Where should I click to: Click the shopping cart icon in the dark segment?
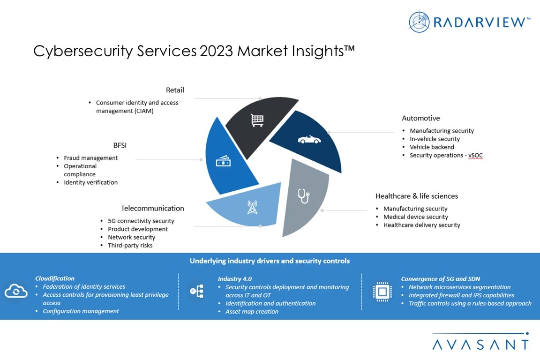(257, 120)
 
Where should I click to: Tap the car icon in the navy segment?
(309, 140)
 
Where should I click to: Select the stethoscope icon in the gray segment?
(304, 196)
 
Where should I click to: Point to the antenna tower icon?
(252, 207)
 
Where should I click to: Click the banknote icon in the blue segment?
(223, 162)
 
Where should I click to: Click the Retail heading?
(175, 90)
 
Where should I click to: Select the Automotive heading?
(421, 118)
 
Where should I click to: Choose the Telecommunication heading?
(152, 208)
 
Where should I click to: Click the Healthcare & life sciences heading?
(417, 196)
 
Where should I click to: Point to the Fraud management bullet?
(91, 158)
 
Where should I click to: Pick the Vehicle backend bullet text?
(432, 147)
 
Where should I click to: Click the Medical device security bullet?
(416, 217)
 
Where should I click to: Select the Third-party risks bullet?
(130, 245)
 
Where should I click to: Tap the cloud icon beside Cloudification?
(16, 292)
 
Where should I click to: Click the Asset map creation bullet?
(252, 312)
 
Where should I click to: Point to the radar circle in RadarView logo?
(419, 22)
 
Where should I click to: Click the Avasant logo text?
(480, 345)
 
